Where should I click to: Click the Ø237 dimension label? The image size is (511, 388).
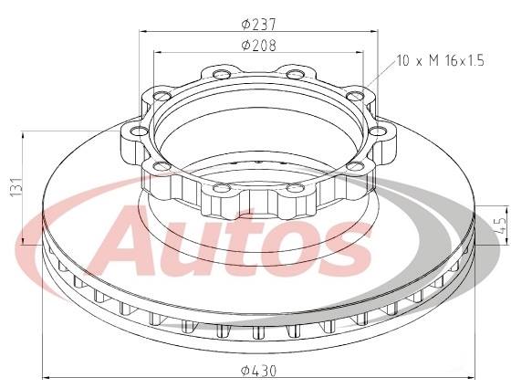coord(258,23)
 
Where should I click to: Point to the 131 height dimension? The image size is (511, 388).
coord(12,187)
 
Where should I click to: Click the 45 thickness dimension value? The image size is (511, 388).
coord(500,225)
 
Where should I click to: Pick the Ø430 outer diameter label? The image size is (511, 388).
coord(258,371)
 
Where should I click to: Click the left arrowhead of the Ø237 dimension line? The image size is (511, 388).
coord(142,31)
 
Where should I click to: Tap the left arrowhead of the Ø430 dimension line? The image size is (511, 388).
coord(46,379)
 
